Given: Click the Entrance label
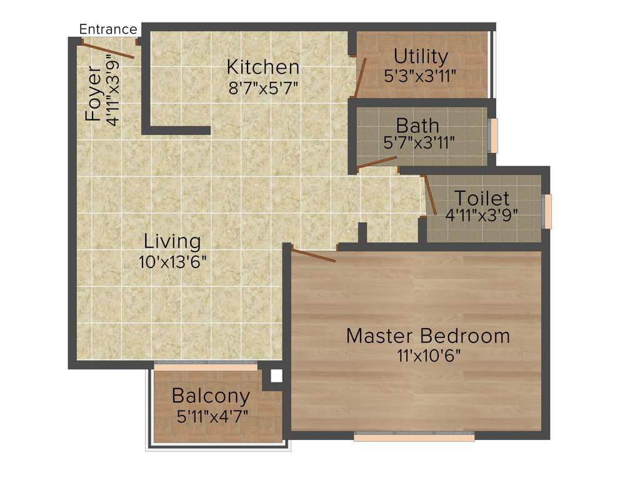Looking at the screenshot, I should pos(107,29).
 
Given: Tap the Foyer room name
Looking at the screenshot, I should pos(93,93).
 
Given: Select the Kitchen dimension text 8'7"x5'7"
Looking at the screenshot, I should pos(262,86).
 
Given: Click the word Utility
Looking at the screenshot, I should pos(421,57).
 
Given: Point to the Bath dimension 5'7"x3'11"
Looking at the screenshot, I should pos(418,143).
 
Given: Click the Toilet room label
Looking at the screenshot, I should pos(481,199).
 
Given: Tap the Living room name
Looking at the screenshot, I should pos(172,241).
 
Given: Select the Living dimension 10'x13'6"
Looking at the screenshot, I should pos(172,260).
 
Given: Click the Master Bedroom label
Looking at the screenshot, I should pos(427,336).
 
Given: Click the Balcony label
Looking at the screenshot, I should pos(211,396).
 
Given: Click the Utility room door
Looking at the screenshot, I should pos(359,77).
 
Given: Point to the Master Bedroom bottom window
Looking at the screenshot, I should pos(414,436).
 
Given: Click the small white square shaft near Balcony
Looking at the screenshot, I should pos(276,376).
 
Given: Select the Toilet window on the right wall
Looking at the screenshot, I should pos(548,211).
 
